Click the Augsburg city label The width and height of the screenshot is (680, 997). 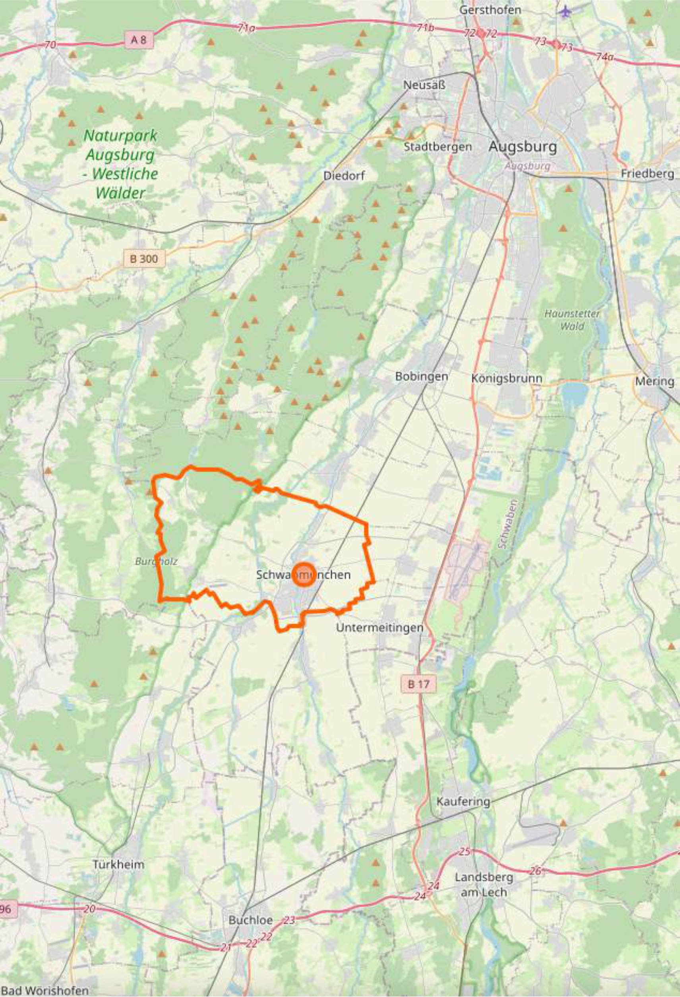523,147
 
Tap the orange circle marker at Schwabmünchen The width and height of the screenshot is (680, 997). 304,574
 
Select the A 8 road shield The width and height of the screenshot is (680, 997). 138,40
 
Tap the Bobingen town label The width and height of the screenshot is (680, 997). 421,376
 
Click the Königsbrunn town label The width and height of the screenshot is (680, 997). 506,378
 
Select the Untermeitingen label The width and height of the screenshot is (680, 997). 380,627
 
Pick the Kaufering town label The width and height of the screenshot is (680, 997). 463,801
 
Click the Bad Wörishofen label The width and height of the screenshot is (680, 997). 45,990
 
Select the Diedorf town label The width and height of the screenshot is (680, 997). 344,175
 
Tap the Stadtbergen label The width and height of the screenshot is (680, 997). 437,147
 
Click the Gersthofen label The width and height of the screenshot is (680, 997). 490,10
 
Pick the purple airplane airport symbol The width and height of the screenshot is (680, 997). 566,11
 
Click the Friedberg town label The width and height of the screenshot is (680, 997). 647,174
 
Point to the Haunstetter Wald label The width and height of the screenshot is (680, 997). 572,320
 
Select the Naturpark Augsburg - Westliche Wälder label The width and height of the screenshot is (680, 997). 121,164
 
